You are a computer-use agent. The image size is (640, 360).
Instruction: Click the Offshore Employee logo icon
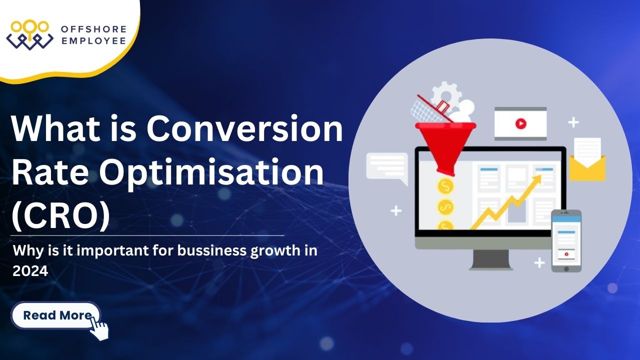29,34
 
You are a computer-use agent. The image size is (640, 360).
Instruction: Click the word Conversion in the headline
244,129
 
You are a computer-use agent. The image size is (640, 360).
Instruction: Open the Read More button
56,315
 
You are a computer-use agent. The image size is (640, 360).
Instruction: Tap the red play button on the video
520,123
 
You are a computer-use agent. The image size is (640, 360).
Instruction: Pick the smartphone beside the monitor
566,240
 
